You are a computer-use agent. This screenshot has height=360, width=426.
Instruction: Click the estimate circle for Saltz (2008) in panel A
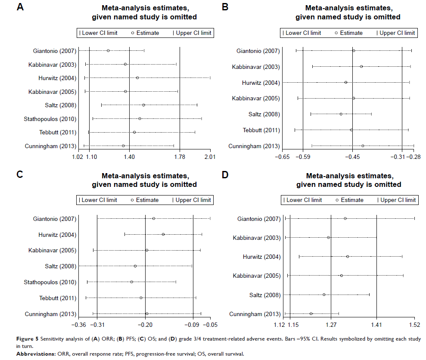pos(143,105)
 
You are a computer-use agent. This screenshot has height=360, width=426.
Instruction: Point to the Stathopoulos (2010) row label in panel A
pos(50,119)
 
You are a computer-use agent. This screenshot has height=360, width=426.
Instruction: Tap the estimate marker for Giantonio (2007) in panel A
pos(108,51)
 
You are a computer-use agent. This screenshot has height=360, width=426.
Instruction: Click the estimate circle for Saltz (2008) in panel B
pos(341,114)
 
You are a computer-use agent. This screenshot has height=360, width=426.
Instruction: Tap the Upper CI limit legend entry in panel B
pos(395,33)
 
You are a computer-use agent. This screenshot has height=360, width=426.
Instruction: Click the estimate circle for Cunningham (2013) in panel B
pos(363,146)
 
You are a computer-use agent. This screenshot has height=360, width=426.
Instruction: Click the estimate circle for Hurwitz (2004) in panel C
pos(163,234)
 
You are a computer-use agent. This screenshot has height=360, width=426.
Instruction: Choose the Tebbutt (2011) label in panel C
pos(56,298)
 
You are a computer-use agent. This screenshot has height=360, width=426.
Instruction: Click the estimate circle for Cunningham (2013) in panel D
pos(311,314)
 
